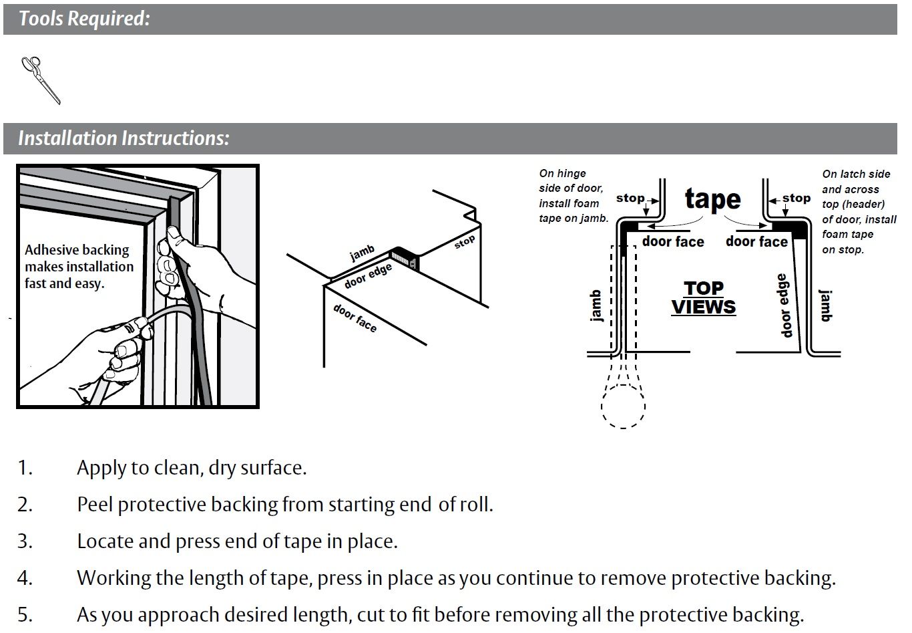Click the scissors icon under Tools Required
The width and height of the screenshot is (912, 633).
click(x=41, y=80)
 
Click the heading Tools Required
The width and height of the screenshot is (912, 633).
click(x=84, y=19)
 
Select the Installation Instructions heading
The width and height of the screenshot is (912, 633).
click(x=124, y=138)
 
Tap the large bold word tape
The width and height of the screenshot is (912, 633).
click(x=712, y=199)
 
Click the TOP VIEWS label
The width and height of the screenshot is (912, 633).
click(x=703, y=297)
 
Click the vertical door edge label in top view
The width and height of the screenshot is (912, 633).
click(x=783, y=305)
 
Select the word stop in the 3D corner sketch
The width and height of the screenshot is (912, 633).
click(x=465, y=242)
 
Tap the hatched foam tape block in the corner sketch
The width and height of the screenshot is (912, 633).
click(x=404, y=257)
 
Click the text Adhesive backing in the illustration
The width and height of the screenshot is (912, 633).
click(x=77, y=250)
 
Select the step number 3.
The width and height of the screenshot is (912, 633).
click(x=25, y=541)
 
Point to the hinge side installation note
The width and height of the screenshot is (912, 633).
click(x=573, y=196)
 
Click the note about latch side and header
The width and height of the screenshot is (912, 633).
click(x=859, y=211)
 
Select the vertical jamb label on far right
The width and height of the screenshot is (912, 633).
click(x=826, y=306)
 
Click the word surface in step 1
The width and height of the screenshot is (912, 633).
click(x=270, y=467)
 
